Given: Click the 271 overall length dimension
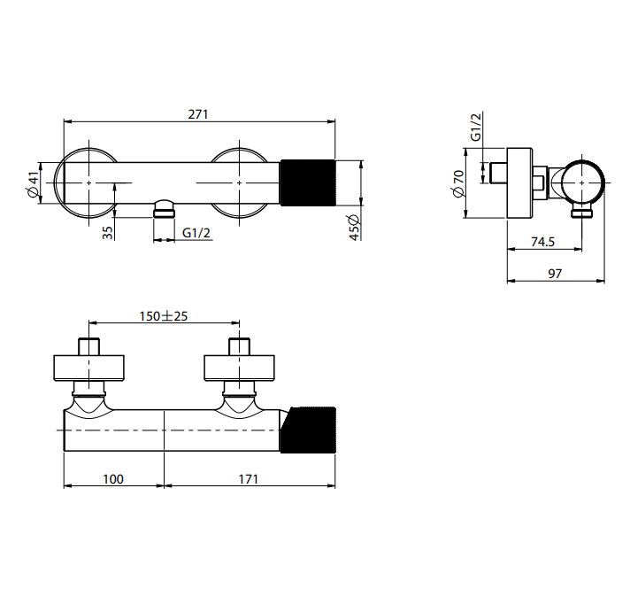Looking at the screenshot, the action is (x=198, y=114).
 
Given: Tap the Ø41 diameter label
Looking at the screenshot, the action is (x=34, y=184).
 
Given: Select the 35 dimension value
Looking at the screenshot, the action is (x=108, y=233).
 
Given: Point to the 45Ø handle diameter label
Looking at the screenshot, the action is (x=354, y=228).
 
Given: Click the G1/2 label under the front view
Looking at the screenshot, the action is (x=196, y=233).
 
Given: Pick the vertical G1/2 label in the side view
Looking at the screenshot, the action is (x=475, y=127).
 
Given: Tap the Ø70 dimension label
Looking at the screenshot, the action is (x=458, y=184).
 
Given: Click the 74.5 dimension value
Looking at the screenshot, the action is (x=542, y=242).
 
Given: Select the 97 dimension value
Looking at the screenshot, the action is (x=555, y=274).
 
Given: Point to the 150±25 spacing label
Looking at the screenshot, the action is (x=164, y=316).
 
